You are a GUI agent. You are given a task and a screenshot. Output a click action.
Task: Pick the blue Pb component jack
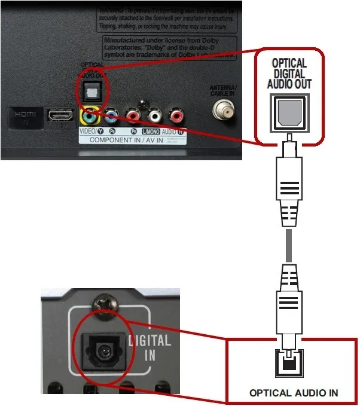(x=111, y=115)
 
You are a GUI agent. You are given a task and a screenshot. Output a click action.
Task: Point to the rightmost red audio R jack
(x=176, y=114)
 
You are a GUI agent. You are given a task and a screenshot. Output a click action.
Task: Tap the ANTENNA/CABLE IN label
(x=224, y=91)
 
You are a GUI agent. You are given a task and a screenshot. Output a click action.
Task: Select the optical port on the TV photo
(x=93, y=90)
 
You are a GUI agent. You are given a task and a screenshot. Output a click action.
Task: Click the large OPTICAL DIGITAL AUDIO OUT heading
(x=289, y=74)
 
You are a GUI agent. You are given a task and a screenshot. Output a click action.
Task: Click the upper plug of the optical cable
(x=289, y=179)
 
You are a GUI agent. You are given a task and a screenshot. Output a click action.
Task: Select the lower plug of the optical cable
(x=289, y=305)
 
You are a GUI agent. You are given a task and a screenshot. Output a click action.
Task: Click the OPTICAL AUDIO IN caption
(x=294, y=393)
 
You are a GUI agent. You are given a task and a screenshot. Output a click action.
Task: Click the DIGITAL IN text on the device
(x=150, y=349)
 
